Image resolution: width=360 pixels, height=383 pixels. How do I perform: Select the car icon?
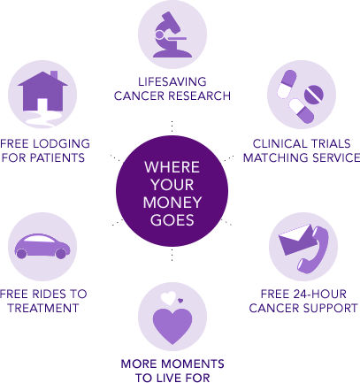(x=42, y=247)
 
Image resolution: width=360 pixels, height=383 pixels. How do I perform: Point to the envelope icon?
(x=295, y=240)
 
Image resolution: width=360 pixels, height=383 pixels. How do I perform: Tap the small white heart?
(x=168, y=298)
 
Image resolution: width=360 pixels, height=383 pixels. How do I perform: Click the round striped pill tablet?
(x=314, y=95)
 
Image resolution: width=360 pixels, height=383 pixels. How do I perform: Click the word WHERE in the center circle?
(x=172, y=167)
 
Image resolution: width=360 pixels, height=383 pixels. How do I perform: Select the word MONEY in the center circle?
(x=172, y=203)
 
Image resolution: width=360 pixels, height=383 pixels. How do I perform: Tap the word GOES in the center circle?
(x=172, y=220)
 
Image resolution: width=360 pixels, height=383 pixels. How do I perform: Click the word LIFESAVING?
(x=172, y=81)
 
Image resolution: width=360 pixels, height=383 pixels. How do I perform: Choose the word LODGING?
(x=61, y=143)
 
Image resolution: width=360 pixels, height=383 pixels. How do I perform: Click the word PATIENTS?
(x=57, y=157)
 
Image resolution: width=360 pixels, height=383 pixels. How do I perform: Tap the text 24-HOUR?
(x=320, y=294)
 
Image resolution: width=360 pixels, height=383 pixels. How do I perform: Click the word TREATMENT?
(x=43, y=308)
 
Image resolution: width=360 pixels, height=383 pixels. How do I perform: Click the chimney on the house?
(x=54, y=75)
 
